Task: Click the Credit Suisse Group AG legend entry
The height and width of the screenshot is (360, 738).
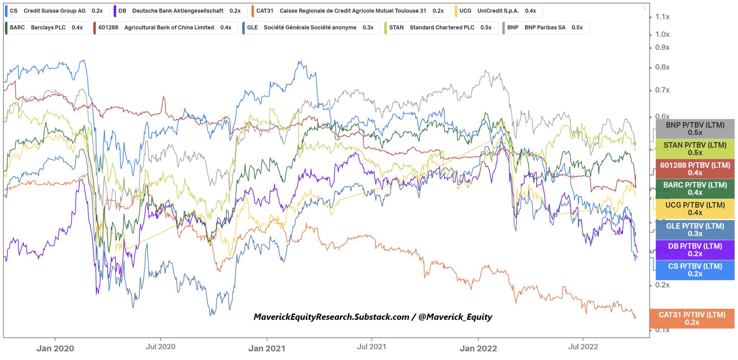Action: pyautogui.click(x=57, y=11)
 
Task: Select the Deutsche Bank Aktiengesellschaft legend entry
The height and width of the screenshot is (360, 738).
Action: pyautogui.click(x=180, y=11)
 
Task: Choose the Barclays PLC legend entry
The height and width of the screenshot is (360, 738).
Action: pyautogui.click(x=47, y=27)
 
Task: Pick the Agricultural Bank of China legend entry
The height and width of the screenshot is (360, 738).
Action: pyautogui.click(x=165, y=27)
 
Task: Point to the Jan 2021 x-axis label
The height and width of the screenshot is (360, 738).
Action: pyautogui.click(x=267, y=348)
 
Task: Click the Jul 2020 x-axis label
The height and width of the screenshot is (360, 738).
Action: pyautogui.click(x=160, y=347)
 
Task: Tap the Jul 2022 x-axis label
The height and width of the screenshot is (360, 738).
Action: pyautogui.click(x=583, y=347)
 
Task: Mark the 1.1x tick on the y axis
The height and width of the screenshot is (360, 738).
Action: pyautogui.click(x=662, y=17)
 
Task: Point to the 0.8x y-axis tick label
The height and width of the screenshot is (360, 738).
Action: pyautogui.click(x=662, y=67)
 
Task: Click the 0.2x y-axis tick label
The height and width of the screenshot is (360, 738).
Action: pyautogui.click(x=662, y=285)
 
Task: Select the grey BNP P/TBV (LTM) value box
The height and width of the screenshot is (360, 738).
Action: pyautogui.click(x=695, y=129)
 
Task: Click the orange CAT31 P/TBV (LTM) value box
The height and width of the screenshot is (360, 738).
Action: pyautogui.click(x=692, y=318)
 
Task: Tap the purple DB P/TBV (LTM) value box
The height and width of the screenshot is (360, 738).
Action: pyautogui.click(x=695, y=250)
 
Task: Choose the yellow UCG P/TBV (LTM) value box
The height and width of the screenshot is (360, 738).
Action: pyautogui.click(x=695, y=209)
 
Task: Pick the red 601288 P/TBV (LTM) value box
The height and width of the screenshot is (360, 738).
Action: pyautogui.click(x=695, y=169)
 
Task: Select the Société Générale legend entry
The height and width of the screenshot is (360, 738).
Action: pyautogui.click(x=311, y=27)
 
